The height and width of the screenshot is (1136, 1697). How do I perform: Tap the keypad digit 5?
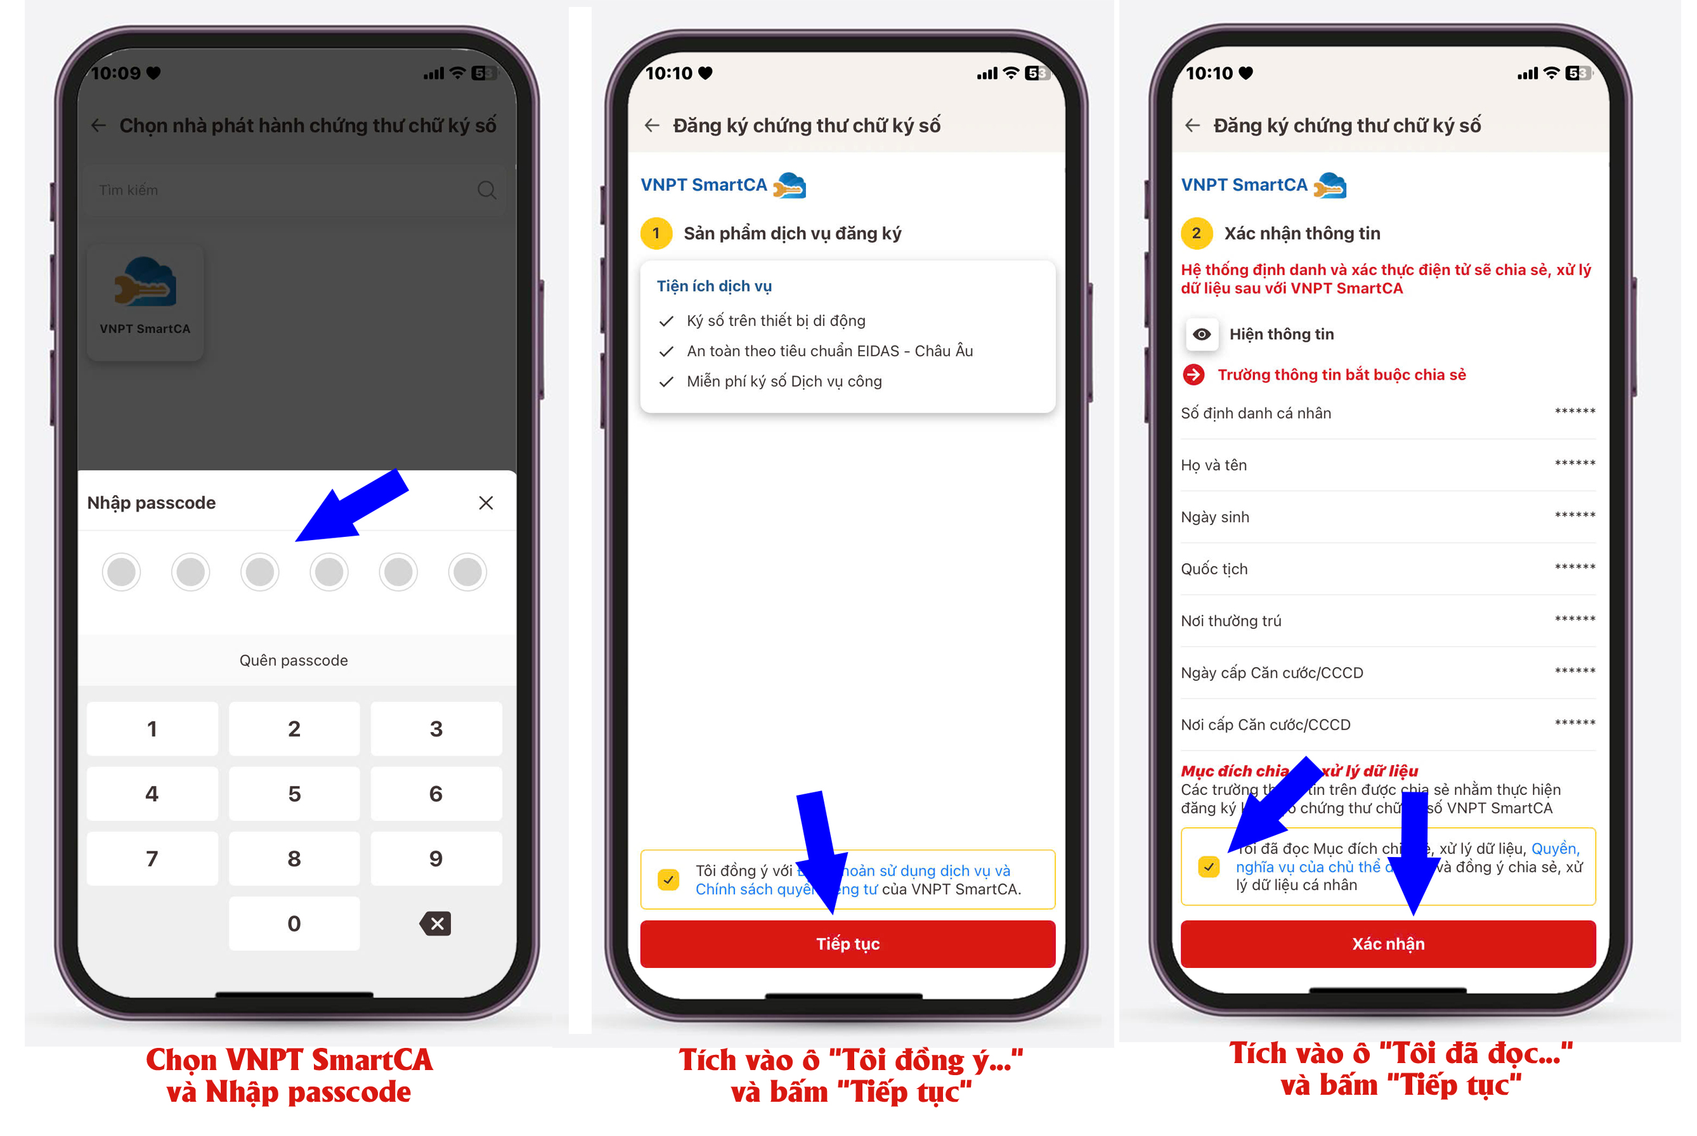click(x=294, y=793)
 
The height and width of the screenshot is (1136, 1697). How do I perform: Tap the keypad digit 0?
click(x=294, y=923)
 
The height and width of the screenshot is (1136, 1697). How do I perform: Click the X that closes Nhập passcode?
click(x=486, y=503)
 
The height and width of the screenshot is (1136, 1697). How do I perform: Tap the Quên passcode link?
click(x=294, y=660)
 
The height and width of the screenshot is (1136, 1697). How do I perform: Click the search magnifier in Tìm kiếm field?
click(x=486, y=190)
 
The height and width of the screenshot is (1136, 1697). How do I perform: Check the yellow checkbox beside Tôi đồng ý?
click(x=668, y=879)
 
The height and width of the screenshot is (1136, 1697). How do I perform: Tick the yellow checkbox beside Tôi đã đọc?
click(x=1208, y=867)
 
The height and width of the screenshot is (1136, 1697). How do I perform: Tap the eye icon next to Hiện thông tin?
click(x=1201, y=334)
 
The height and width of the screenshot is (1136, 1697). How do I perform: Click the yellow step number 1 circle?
click(x=656, y=233)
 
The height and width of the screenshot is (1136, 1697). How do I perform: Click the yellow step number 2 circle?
click(x=1196, y=233)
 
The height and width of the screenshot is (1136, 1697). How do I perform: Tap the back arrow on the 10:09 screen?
click(x=98, y=126)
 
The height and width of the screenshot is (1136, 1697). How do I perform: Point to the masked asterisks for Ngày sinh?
click(x=1574, y=516)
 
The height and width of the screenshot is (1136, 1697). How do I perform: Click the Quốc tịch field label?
click(x=1214, y=569)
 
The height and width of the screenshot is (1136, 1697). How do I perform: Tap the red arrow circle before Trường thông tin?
click(x=1193, y=375)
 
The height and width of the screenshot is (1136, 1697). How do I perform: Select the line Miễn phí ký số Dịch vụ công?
click(x=783, y=381)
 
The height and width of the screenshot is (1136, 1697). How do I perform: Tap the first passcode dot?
click(x=121, y=572)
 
